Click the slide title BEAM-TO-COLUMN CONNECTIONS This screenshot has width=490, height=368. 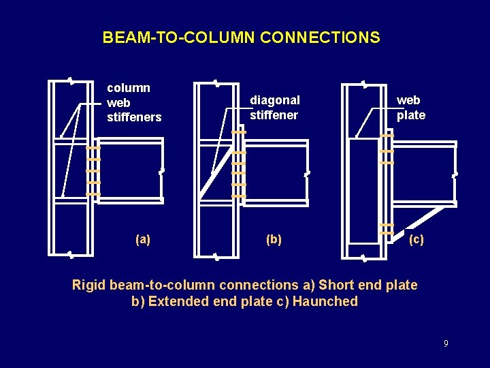241,37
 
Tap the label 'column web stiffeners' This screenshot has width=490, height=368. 134,102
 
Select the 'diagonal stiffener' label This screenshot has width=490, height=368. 274,107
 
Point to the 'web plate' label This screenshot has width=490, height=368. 411,108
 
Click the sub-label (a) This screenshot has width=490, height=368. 143,239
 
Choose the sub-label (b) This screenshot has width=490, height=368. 274,239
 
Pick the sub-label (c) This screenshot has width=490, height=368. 416,239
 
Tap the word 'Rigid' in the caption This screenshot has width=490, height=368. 89,285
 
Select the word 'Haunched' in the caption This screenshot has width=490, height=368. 325,301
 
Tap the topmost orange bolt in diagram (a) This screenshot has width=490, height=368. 93,148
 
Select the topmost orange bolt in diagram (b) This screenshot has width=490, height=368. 238,132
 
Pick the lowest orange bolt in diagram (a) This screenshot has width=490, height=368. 93,194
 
